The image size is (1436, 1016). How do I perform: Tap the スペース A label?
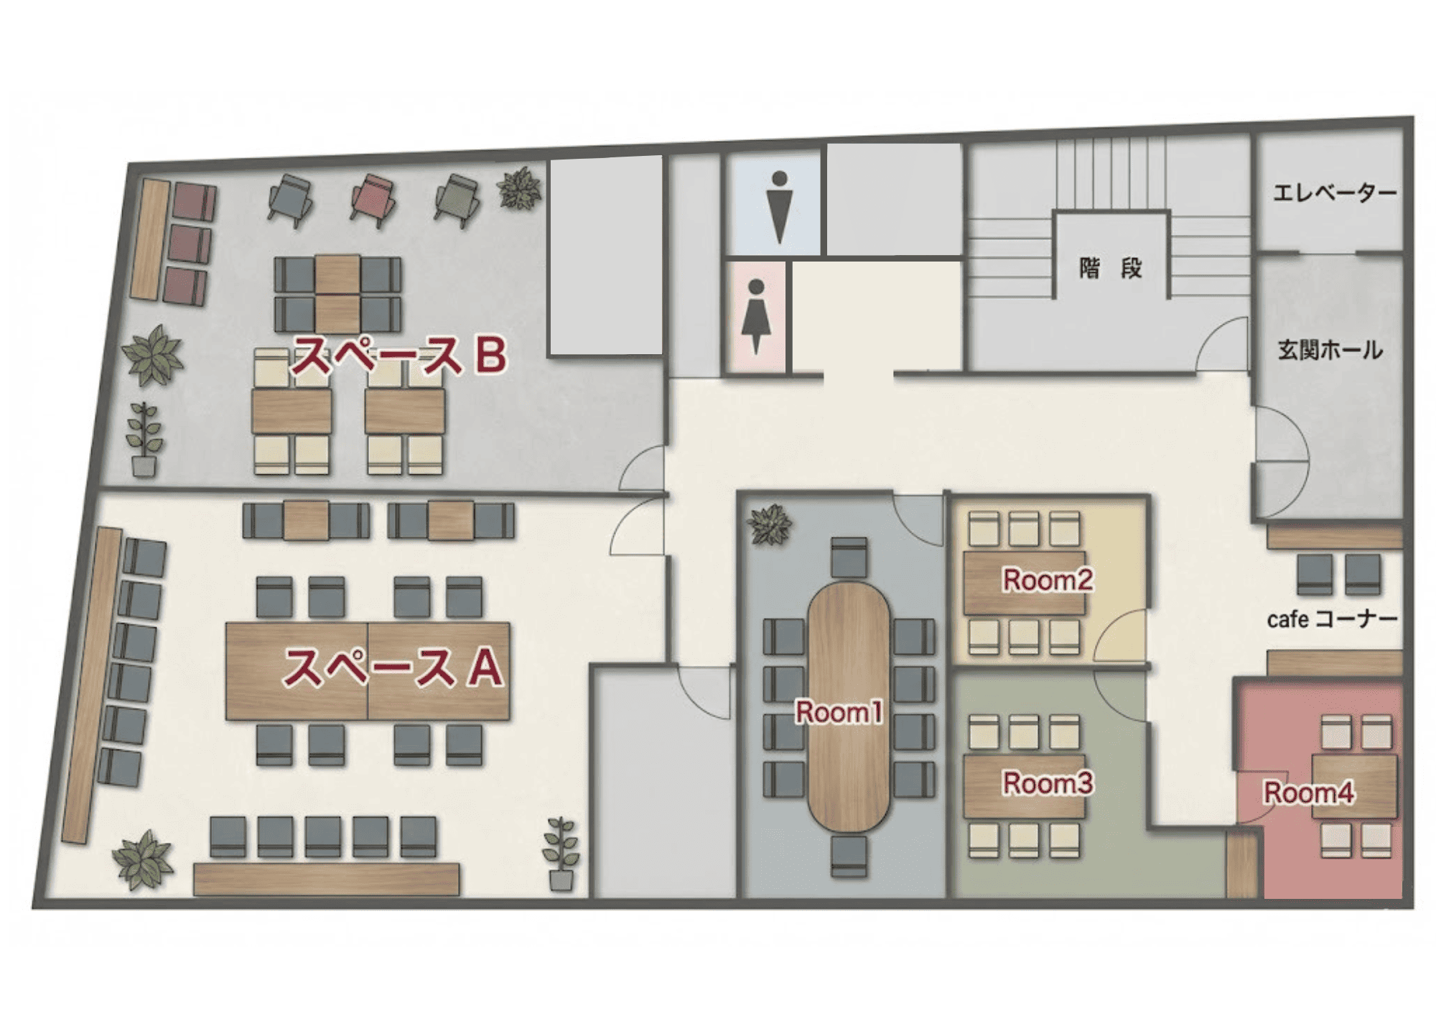[393, 668]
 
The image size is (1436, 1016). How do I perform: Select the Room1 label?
[839, 712]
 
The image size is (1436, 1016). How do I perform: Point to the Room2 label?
[1048, 579]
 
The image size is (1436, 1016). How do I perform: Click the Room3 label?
[1048, 782]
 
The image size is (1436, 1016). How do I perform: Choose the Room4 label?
[1308, 793]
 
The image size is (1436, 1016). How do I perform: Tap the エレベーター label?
[1335, 193]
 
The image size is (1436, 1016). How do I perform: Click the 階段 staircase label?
[1110, 269]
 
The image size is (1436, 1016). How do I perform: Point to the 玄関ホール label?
[1330, 350]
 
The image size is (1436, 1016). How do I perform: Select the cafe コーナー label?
[1332, 619]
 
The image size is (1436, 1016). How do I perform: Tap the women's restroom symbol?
[755, 316]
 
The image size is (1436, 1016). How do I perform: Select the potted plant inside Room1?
[770, 525]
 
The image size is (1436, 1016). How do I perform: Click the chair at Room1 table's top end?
[849, 558]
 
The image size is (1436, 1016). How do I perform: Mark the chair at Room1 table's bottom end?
[849, 856]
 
